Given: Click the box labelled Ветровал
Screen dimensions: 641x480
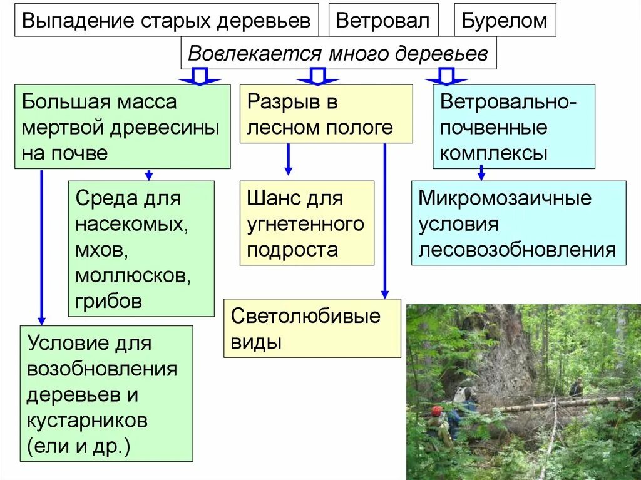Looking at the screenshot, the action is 383,20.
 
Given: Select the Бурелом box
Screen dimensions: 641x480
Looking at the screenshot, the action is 505,20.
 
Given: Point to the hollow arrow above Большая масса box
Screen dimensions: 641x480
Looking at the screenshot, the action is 199,77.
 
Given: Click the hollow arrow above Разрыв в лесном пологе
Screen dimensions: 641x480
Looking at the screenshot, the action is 317,77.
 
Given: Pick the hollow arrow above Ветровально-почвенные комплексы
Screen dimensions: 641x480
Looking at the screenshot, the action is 446,77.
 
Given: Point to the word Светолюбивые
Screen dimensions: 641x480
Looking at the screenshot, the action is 305,316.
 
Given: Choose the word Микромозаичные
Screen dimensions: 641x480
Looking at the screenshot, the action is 505,198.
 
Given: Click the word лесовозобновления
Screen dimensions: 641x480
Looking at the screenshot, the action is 517,250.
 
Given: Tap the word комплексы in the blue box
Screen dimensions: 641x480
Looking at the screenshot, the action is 494,153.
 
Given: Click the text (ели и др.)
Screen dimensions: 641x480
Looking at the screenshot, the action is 78,446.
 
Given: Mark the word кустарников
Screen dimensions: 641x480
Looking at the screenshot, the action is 87,420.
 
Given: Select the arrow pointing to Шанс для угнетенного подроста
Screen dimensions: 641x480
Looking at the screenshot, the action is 288,160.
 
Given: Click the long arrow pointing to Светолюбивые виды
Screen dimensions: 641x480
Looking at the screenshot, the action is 384,219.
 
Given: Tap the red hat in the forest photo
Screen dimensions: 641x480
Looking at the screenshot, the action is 437,411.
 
